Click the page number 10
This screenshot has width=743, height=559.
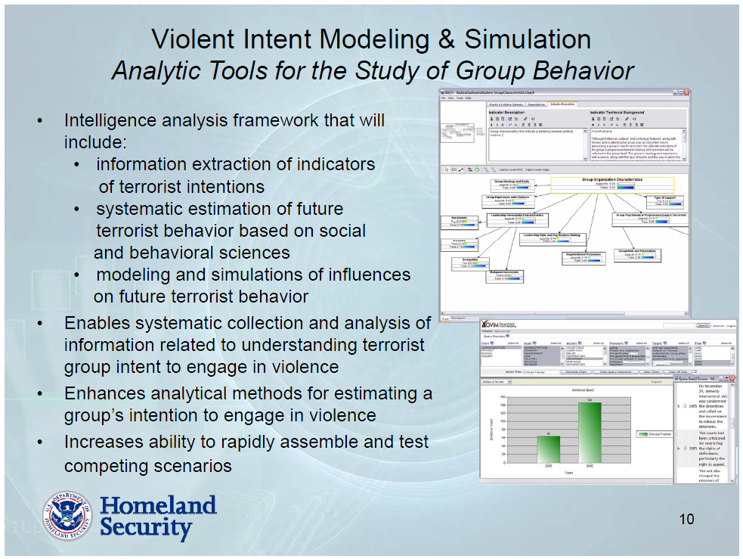point(686,519)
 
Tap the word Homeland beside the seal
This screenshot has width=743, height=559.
point(158,505)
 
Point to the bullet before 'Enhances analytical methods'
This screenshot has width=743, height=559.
point(40,394)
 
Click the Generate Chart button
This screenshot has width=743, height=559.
point(576,372)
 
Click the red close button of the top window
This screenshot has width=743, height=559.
point(686,92)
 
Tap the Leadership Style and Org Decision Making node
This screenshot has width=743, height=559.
point(550,238)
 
